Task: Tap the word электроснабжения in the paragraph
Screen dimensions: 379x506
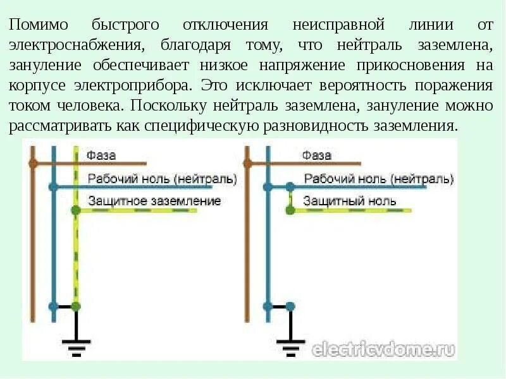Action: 76,46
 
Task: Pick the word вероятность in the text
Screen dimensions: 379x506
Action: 354,85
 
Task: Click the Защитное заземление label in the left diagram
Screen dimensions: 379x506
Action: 154,201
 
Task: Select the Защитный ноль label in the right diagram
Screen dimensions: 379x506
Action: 350,202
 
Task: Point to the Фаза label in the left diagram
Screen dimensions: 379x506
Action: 101,155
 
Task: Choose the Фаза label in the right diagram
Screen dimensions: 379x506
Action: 317,155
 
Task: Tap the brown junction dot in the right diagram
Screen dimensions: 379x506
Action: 248,163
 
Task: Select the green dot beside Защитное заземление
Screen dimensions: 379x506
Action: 75,210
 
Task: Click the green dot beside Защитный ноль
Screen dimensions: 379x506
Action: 290,210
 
